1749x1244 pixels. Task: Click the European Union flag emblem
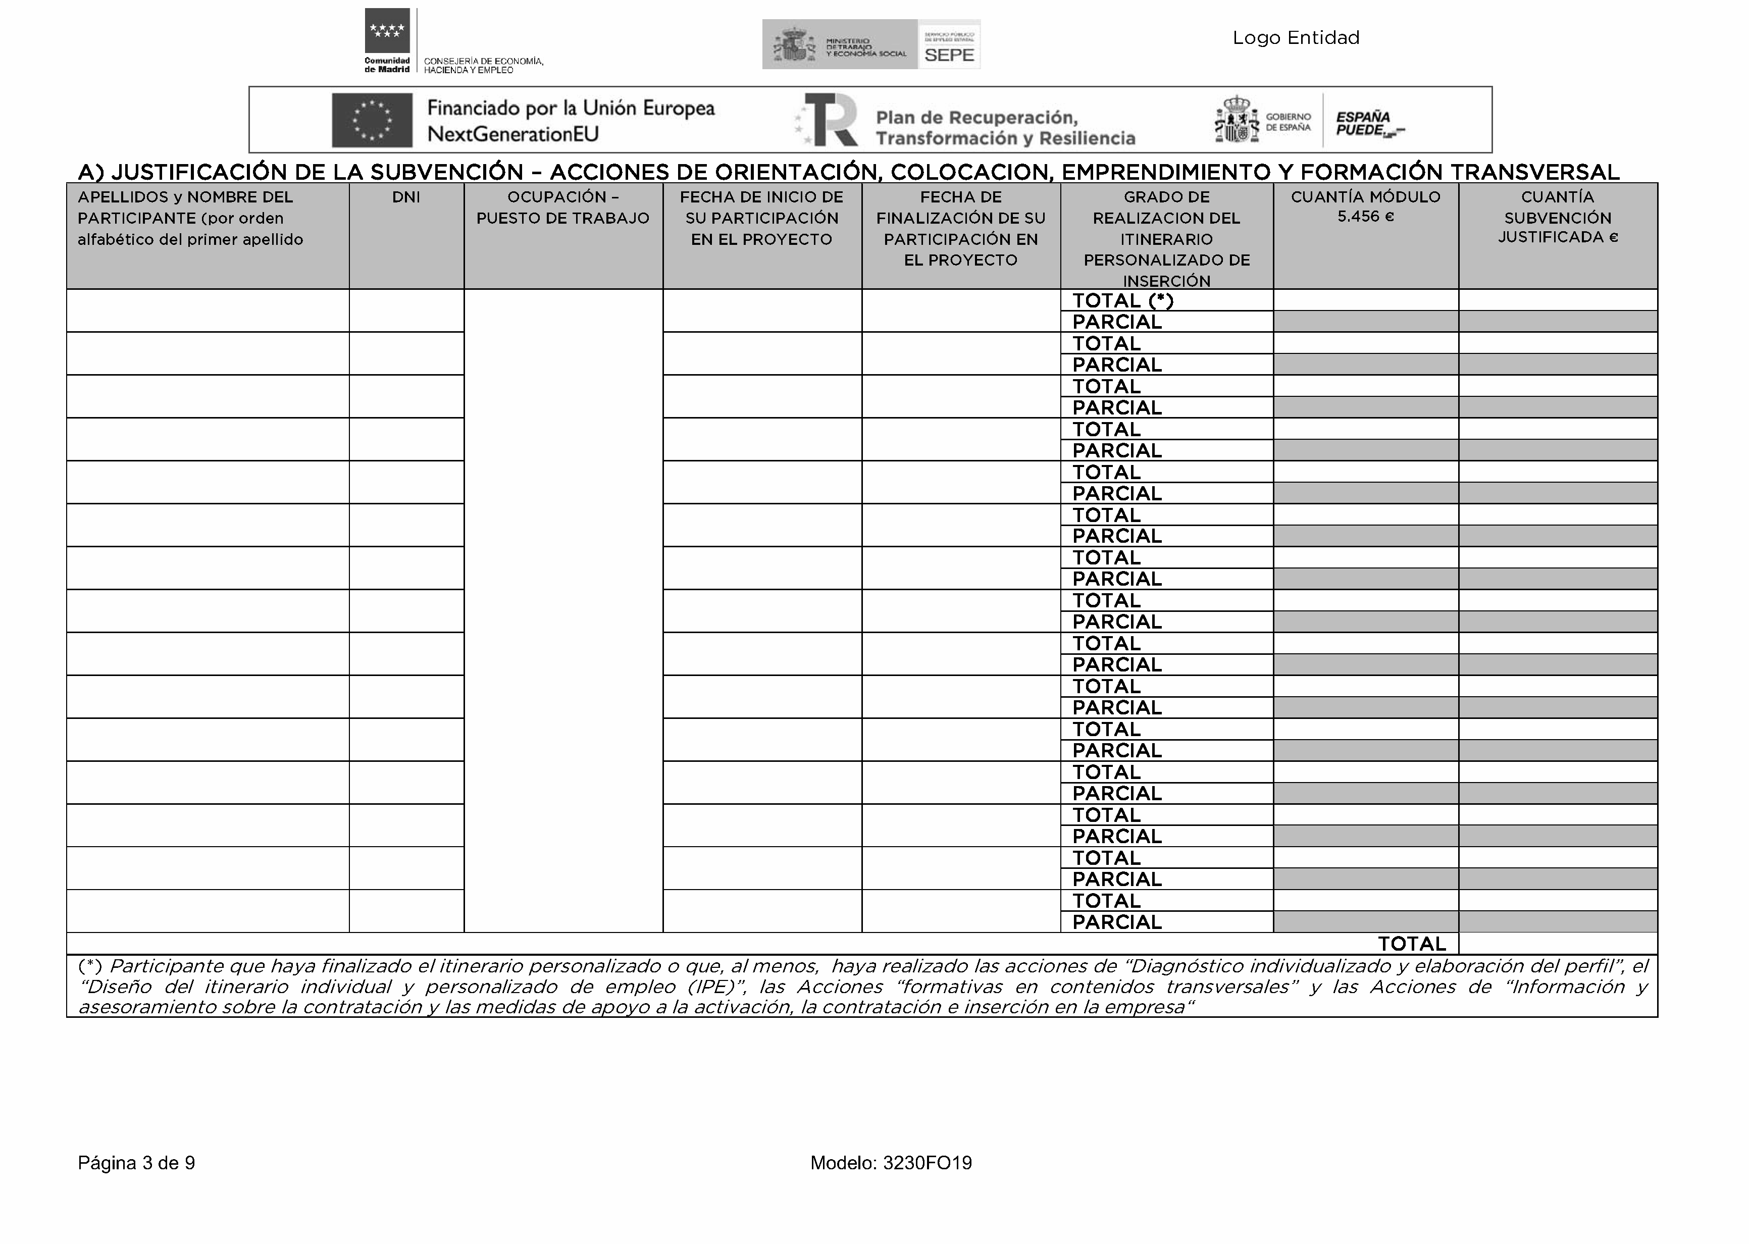click(x=372, y=120)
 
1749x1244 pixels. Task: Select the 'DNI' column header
click(x=406, y=197)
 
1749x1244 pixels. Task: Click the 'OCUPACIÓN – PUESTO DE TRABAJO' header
click(x=563, y=208)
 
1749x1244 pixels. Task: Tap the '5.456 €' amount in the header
click(x=1365, y=217)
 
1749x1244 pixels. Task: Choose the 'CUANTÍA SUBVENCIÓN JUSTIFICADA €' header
click(x=1558, y=218)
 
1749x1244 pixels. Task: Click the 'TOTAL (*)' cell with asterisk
click(x=1122, y=300)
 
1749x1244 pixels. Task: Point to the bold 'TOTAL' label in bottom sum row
click(x=1412, y=944)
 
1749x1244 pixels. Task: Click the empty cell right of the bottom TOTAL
click(x=1558, y=944)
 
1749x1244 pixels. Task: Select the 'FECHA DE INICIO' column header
click(x=761, y=218)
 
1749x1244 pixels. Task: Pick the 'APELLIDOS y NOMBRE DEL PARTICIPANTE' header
click(x=190, y=218)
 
